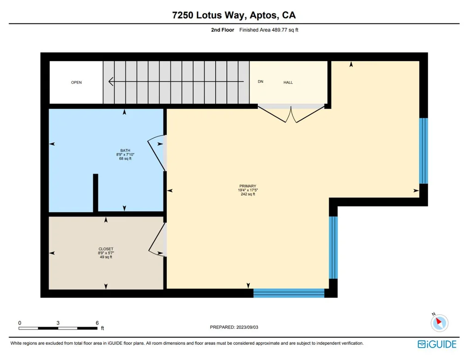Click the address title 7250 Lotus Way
[210, 15]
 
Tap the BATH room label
[125, 150]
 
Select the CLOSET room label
[106, 249]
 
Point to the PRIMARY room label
[248, 186]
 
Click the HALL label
[288, 82]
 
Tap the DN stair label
[261, 81]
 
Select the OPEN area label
[76, 82]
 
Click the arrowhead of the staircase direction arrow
[111, 81]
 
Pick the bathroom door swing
[156, 153]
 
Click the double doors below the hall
[291, 115]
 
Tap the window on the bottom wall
[289, 293]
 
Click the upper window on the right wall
[424, 151]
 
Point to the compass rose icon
[440, 323]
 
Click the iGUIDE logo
[437, 344]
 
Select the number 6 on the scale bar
[97, 323]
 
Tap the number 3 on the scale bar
[58, 323]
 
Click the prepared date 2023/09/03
[248, 327]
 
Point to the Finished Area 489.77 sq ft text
[269, 30]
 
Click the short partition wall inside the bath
[96, 193]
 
